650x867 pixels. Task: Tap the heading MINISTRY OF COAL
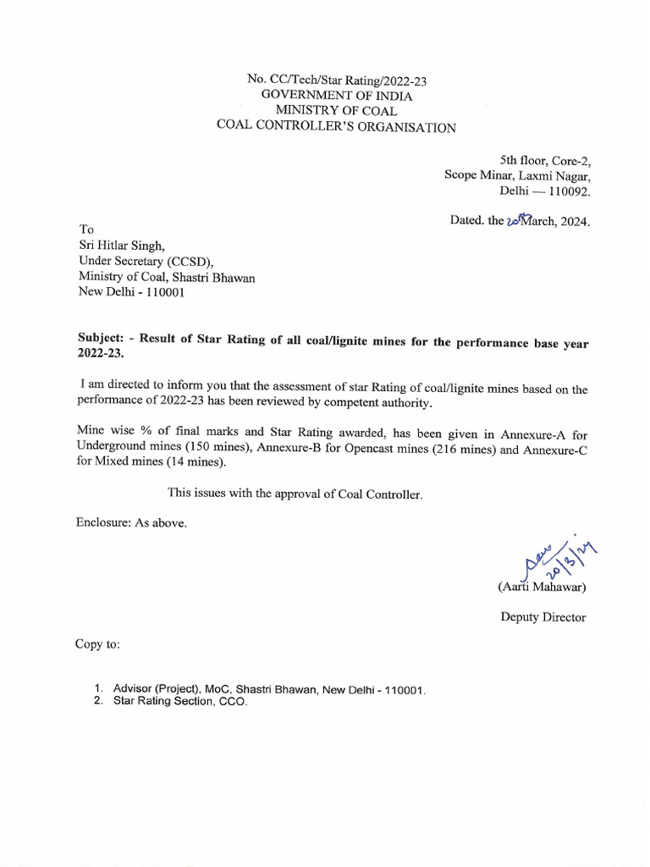(331, 111)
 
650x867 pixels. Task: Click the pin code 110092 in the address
(569, 191)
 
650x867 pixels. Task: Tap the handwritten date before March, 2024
(515, 222)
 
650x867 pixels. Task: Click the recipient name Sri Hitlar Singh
(127, 246)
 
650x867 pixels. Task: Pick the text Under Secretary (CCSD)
(146, 261)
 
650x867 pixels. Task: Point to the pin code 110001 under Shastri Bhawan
(155, 293)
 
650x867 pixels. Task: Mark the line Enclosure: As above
(131, 522)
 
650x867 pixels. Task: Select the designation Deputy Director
(543, 617)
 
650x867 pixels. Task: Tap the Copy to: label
(98, 644)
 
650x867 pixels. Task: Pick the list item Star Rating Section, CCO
(180, 702)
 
